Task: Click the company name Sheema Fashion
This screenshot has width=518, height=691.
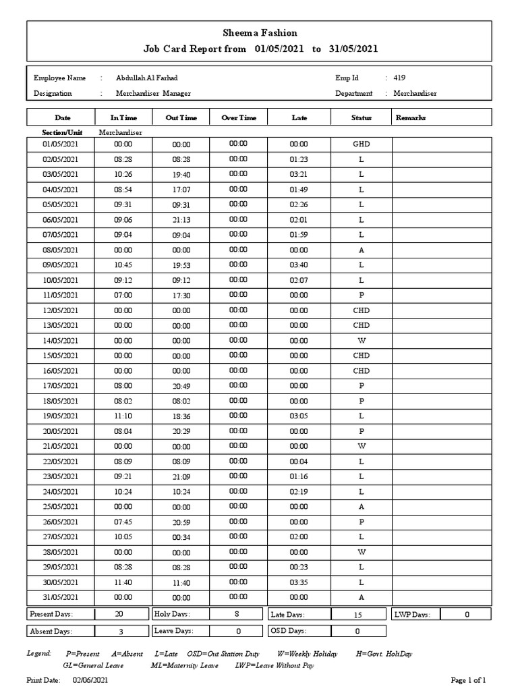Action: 260,32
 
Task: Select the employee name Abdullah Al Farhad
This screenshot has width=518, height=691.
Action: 147,78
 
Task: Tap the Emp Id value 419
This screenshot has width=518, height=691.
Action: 399,78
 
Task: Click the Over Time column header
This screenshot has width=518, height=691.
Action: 239,118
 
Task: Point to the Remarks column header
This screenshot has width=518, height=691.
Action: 411,118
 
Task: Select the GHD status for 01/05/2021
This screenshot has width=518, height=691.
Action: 362,144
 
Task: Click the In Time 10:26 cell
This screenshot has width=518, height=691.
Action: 123,174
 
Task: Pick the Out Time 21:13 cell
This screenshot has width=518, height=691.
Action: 181,220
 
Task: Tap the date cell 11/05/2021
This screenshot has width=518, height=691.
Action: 61,296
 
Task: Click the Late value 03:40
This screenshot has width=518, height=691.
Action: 299,265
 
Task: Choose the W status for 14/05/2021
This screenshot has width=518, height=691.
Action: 362,341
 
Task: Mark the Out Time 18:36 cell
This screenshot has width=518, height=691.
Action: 181,416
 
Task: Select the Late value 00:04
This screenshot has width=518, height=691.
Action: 299,462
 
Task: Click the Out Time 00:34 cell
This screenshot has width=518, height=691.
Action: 181,537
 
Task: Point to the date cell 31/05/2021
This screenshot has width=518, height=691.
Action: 61,597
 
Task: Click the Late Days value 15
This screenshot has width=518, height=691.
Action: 357,615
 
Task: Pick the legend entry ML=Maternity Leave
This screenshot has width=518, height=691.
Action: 184,665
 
